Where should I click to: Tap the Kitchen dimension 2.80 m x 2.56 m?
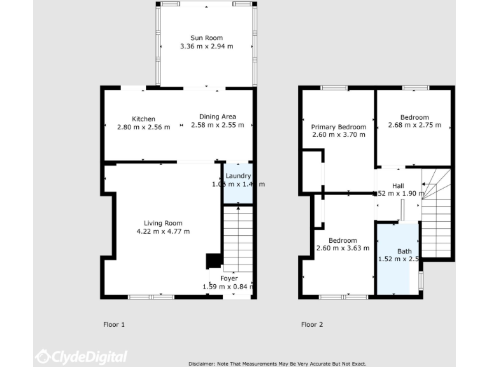(143, 127)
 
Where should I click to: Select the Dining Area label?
(218, 117)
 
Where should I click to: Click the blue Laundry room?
(237, 191)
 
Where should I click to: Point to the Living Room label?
(163, 223)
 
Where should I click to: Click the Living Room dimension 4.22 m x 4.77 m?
(163, 231)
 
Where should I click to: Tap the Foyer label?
(229, 278)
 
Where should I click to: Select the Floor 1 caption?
(114, 324)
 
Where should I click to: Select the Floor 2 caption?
(312, 324)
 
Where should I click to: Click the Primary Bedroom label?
(339, 127)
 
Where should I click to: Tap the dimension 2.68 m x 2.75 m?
(415, 126)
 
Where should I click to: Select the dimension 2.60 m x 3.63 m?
(343, 248)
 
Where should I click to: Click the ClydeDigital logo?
(81, 356)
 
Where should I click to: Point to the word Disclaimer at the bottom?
(204, 363)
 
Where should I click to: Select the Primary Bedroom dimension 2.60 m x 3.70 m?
(339, 135)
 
